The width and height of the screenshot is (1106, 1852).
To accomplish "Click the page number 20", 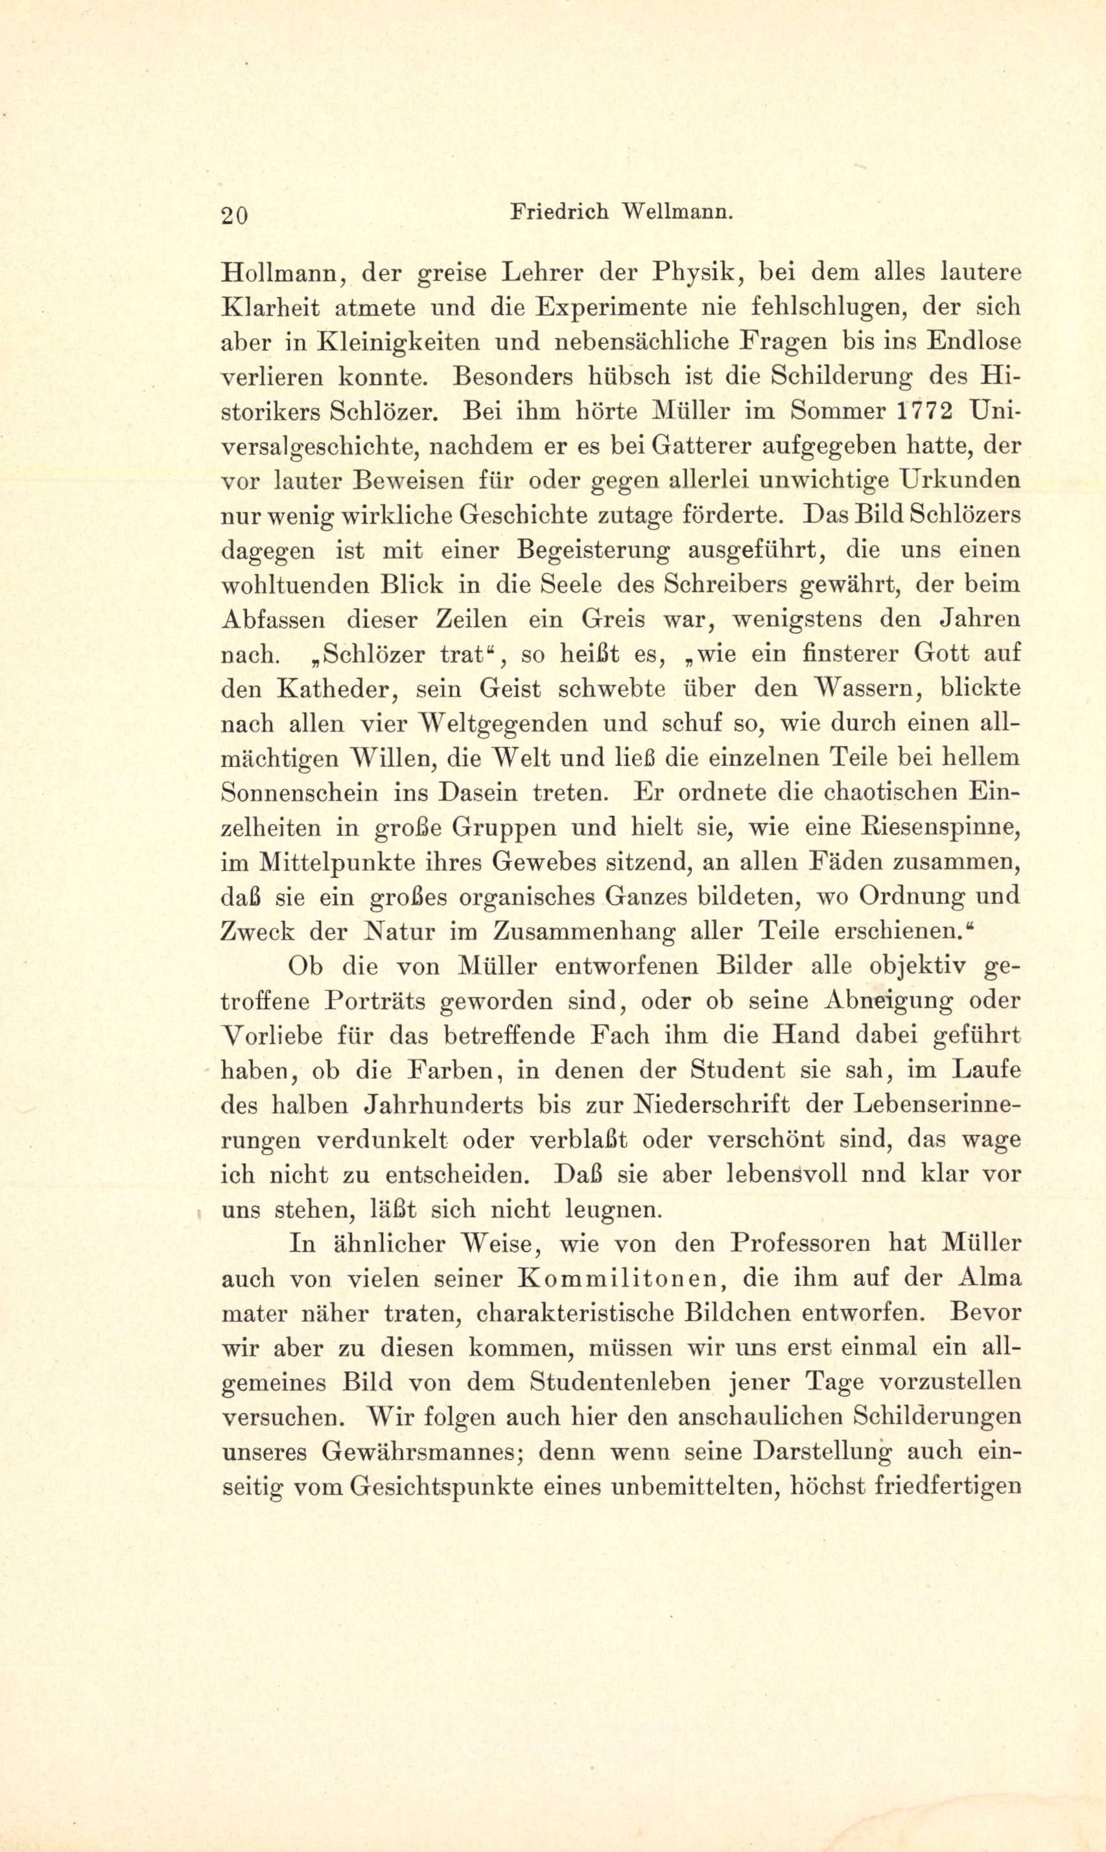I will pos(234,215).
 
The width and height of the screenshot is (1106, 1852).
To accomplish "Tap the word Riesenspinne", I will pos(940,828).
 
